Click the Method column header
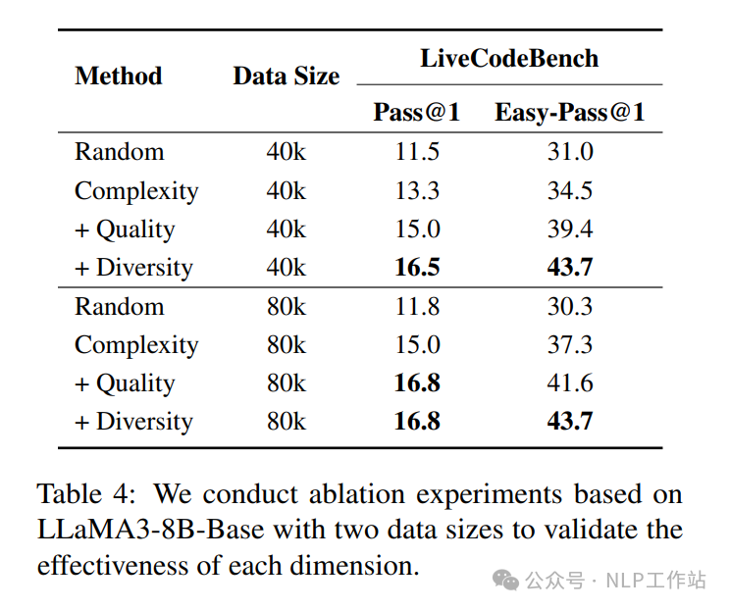pos(118,76)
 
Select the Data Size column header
pos(286,76)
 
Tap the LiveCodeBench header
pos(509,58)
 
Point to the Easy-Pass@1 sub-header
pos(569,113)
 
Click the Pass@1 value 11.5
pos(417,152)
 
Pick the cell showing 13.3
pos(417,190)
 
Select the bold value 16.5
pos(417,268)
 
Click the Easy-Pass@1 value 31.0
pos(570,152)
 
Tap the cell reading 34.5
pos(570,190)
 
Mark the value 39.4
pos(570,229)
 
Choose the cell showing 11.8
pos(417,306)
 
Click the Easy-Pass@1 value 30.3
pos(570,306)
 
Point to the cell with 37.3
pos(570,345)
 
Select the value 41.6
pos(570,383)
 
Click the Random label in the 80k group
pos(119,306)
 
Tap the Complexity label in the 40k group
pos(136,190)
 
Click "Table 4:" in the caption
pos(87,492)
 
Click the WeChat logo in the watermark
pos(506,581)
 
